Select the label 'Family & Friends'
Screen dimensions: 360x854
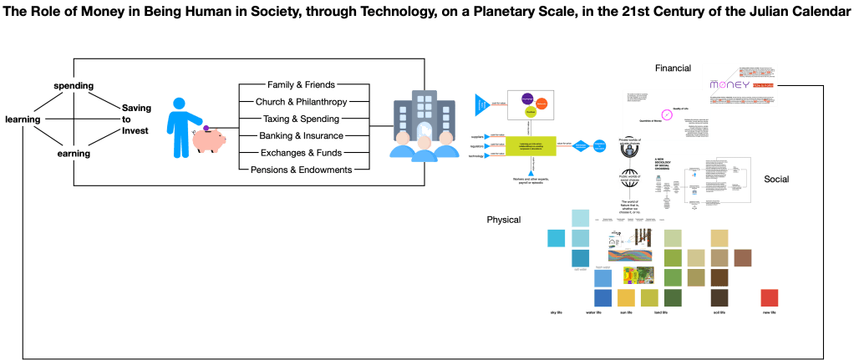[302, 85]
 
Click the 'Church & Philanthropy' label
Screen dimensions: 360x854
[302, 102]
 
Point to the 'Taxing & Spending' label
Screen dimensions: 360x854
[302, 119]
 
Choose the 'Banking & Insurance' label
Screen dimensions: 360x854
[302, 135]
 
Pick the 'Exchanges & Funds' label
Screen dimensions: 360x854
[302, 153]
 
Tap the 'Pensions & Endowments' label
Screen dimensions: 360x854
[302, 170]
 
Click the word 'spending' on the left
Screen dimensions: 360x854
[74, 86]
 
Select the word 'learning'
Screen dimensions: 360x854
[23, 119]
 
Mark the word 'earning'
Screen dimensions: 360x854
[74, 154]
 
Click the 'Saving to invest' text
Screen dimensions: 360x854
[136, 119]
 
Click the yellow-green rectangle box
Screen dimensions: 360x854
[531, 145]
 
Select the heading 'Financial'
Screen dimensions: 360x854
[673, 68]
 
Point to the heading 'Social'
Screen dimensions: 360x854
[777, 180]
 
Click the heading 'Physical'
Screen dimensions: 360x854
[504, 219]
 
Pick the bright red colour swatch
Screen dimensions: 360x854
[770, 298]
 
